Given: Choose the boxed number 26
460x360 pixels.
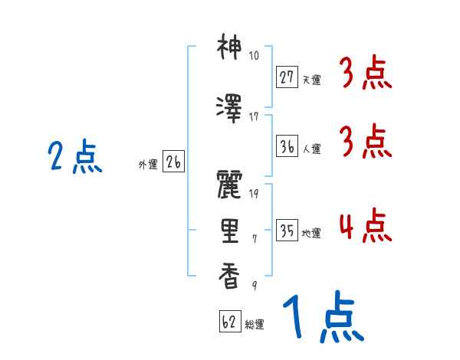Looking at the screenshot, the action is point(173,162).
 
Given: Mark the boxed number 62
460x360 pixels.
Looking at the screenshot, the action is point(229,322).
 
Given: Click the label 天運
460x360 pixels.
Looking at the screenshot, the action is point(312,79).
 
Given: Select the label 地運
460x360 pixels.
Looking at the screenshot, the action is point(312,234).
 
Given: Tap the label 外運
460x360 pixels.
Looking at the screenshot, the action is point(146,164).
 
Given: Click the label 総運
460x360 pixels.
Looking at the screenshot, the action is point(255,325).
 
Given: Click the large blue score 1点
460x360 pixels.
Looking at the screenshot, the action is point(321,319).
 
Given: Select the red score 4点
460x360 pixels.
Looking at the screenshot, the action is point(365,227).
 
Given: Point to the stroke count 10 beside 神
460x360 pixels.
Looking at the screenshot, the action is point(254,56).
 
